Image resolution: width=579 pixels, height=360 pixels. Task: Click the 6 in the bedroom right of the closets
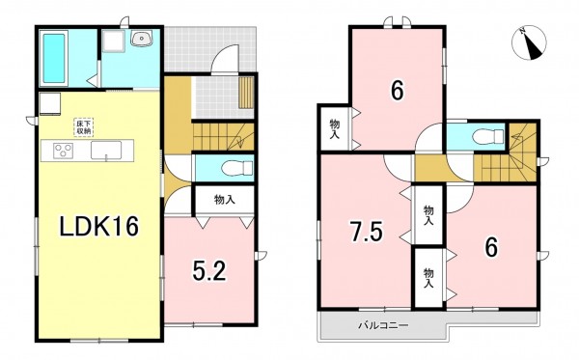490,247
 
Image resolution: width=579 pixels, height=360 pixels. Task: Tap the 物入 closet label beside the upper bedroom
334,127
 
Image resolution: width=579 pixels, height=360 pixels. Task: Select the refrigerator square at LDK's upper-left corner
49,103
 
